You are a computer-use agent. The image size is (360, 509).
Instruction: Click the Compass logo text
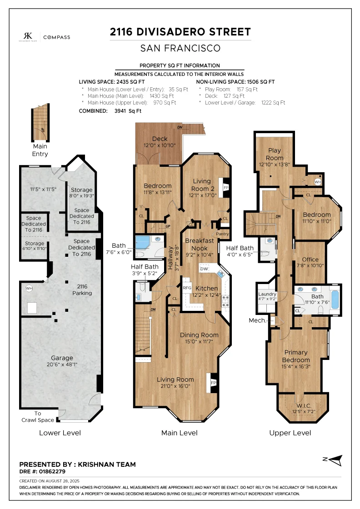pyautogui.click(x=57, y=37)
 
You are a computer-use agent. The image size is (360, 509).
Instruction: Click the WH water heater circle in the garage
pyautogui.click(x=29, y=288)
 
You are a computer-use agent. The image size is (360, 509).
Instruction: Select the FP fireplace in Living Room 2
pyautogui.click(x=226, y=188)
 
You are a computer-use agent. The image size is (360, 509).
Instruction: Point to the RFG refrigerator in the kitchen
pyautogui.click(x=187, y=288)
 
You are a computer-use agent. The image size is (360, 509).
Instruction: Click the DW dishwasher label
pyautogui.click(x=204, y=269)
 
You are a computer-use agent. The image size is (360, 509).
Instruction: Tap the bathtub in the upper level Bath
pyautogui.click(x=335, y=299)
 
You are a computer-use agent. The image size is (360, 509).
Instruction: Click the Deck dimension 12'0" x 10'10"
pyautogui.click(x=160, y=145)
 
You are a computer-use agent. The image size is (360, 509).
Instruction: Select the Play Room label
pyautogui.click(x=275, y=154)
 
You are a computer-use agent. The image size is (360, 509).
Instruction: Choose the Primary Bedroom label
pyautogui.click(x=296, y=356)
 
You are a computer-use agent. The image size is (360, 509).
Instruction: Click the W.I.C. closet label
pyautogui.click(x=304, y=406)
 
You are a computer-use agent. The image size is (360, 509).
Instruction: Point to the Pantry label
pyautogui.click(x=222, y=234)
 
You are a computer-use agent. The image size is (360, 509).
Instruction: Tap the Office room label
pyautogui.click(x=310, y=259)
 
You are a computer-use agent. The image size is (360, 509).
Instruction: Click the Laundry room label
pyautogui.click(x=267, y=294)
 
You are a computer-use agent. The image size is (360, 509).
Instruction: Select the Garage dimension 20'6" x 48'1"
pyautogui.click(x=62, y=364)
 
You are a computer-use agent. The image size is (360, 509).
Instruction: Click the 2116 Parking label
pyautogui.click(x=82, y=290)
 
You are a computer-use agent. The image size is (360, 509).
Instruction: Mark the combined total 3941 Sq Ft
pyautogui.click(x=128, y=111)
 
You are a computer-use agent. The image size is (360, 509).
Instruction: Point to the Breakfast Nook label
pyautogui.click(x=200, y=245)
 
